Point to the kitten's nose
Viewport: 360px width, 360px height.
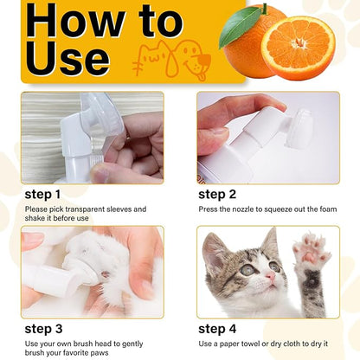268,279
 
